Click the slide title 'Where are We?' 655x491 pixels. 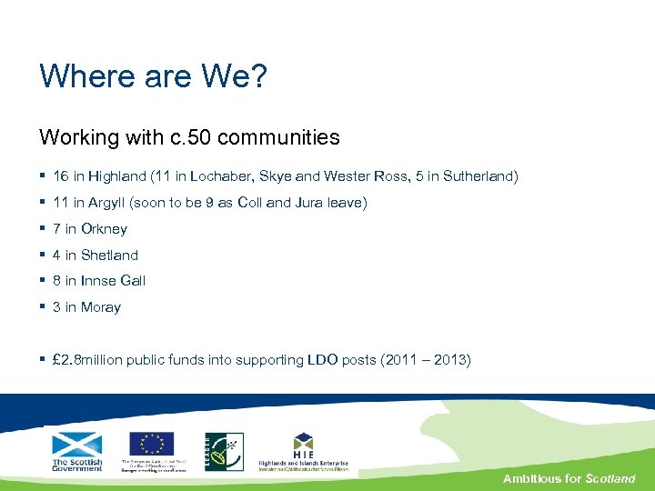click(153, 76)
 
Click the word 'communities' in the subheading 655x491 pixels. click(278, 137)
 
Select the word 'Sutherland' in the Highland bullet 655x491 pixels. click(479, 176)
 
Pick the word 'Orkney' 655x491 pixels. click(104, 229)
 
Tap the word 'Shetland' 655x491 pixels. click(109, 256)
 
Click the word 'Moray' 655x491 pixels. click(100, 307)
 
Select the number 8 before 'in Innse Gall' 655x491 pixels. click(57, 281)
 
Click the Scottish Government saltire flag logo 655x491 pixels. click(77, 445)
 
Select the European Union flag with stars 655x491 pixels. click(152, 444)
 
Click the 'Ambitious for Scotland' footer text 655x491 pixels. click(569, 478)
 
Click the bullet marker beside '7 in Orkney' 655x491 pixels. click(43, 229)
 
